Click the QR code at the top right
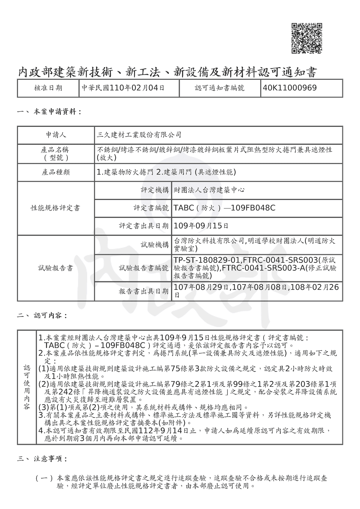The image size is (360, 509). pyautogui.click(x=307, y=38)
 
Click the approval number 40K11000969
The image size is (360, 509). pyautogui.click(x=289, y=88)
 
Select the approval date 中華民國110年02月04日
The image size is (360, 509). pyautogui.click(x=123, y=88)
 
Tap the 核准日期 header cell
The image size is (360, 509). pyautogui.click(x=48, y=88)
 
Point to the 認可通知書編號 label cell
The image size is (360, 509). pyautogui.click(x=220, y=88)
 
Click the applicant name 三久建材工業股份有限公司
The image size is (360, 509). pyautogui.click(x=139, y=135)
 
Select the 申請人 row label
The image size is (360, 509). pyautogui.click(x=56, y=135)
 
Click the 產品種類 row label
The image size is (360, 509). pyautogui.click(x=56, y=172)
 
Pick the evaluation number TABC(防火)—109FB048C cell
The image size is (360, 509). pyautogui.click(x=224, y=208)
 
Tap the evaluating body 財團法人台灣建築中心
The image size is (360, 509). pyautogui.click(x=209, y=190)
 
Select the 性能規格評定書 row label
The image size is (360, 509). pyautogui.click(x=56, y=208)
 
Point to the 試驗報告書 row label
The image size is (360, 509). pyautogui.click(x=56, y=268)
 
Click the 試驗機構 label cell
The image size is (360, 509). pyautogui.click(x=155, y=245)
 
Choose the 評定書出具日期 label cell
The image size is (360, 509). pyautogui.click(x=144, y=226)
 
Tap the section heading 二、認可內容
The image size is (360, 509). pyautogui.click(x=42, y=315)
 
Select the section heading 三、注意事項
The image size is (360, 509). pyautogui.click(x=42, y=459)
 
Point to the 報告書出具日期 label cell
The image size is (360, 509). pyautogui.click(x=144, y=291)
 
